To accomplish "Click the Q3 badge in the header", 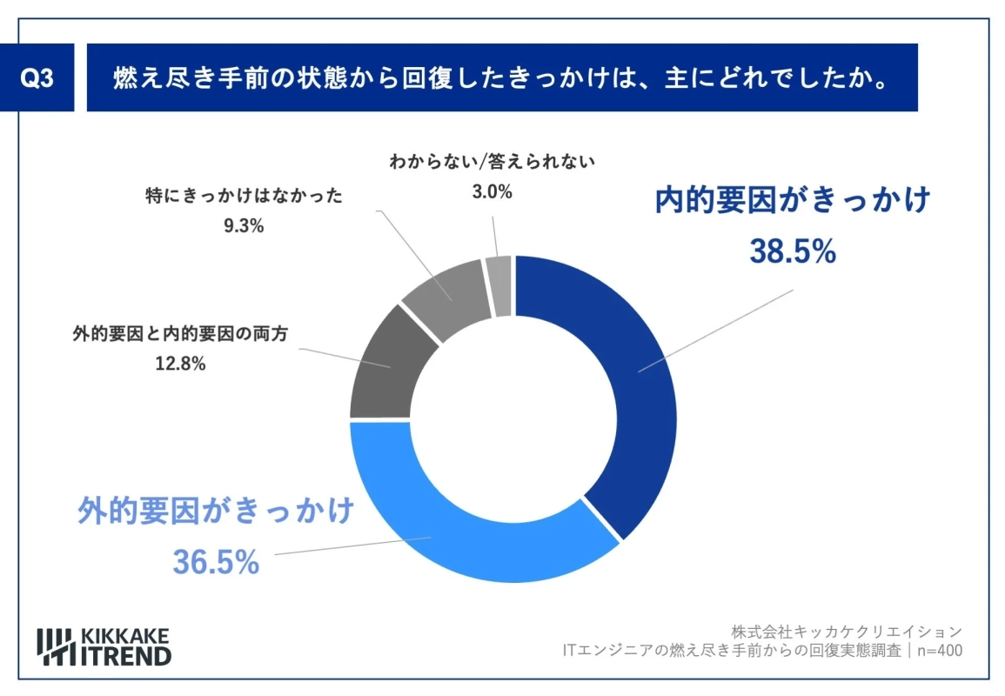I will point(37,78).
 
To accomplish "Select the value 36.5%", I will point(216,561).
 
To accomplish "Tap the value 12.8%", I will point(180,365).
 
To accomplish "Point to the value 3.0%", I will point(492,192).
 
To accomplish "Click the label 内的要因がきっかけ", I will point(793,200).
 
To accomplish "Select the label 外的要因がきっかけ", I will point(216,510).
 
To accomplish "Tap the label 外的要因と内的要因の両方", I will point(181,334).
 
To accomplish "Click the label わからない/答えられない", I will point(492,162).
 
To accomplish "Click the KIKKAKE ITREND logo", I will point(104,645).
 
